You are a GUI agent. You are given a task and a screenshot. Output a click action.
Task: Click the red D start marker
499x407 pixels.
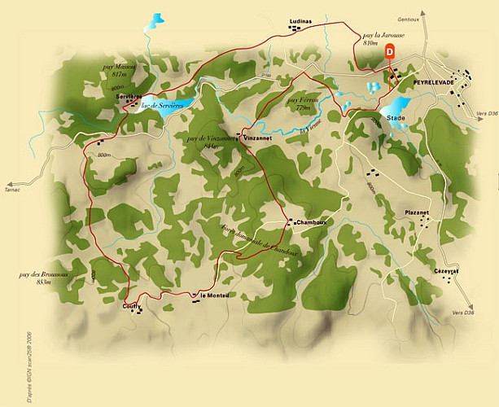pyautogui.click(x=390, y=51)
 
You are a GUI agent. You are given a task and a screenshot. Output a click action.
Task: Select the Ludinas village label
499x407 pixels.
pyautogui.click(x=300, y=22)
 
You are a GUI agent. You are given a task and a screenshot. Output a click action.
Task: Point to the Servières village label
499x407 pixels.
pyautogui.click(x=129, y=97)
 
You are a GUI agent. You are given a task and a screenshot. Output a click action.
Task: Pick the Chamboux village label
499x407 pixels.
pyautogui.click(x=312, y=222)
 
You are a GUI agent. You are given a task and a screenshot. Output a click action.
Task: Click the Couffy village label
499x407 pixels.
pyautogui.click(x=132, y=306)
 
